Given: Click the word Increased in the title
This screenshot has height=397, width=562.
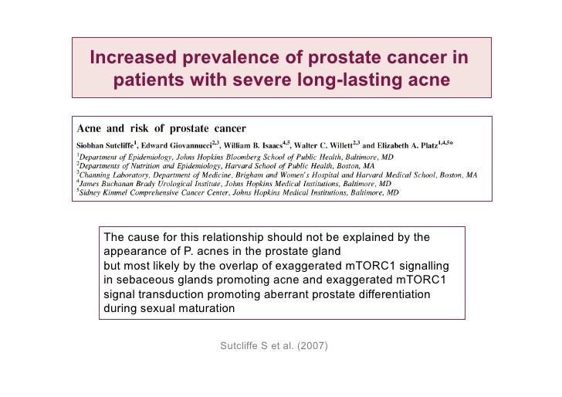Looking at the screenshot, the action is pos(133,57).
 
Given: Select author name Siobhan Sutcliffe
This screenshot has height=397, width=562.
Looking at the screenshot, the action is pos(105,146).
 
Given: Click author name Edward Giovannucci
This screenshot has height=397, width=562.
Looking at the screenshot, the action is pos(176,146).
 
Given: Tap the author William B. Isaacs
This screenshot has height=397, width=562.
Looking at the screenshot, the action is pos(253,146).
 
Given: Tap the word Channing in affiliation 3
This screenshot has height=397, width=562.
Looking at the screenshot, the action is pos(95,175).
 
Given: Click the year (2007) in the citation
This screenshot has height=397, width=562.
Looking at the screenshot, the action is pos(312,346).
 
